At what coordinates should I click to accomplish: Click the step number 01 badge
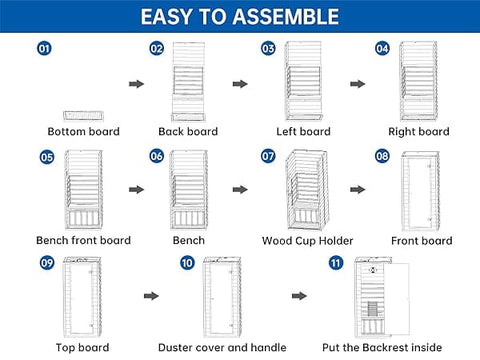click(x=44, y=49)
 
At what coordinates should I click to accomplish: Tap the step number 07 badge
click(x=268, y=156)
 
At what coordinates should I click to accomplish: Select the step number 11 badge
click(x=336, y=263)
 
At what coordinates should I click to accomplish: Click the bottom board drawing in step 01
click(x=83, y=116)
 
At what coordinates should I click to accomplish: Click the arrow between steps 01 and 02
click(x=136, y=84)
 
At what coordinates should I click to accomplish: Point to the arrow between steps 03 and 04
click(x=358, y=84)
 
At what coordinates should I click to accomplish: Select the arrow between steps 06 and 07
click(x=240, y=190)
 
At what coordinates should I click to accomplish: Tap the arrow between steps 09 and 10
click(x=151, y=296)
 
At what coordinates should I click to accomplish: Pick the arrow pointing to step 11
click(x=299, y=296)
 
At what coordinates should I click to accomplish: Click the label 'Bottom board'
click(x=83, y=131)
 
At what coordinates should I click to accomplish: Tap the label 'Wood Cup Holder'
click(x=307, y=241)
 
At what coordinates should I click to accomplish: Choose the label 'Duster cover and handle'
click(x=222, y=348)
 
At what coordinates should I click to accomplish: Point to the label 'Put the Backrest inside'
click(x=382, y=348)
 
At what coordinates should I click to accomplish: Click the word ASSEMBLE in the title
click(x=286, y=17)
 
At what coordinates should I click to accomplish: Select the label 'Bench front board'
click(x=83, y=240)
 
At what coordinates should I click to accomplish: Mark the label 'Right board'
click(x=419, y=132)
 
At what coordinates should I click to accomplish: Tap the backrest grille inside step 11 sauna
click(x=373, y=309)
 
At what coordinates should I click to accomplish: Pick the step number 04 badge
click(x=382, y=49)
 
